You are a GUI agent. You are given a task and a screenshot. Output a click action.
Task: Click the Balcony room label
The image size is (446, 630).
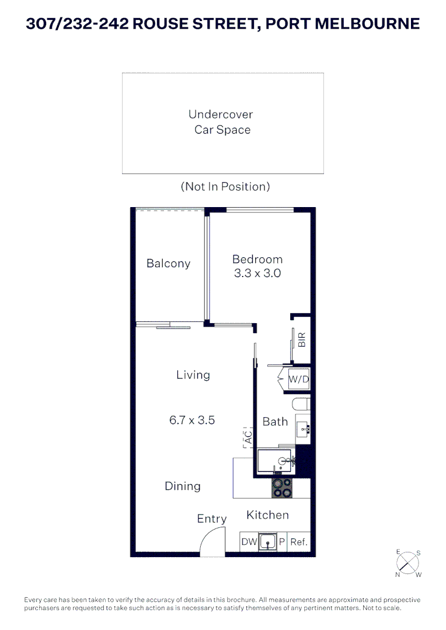[168, 264]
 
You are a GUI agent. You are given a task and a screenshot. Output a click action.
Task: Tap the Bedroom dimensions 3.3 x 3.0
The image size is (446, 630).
[257, 273]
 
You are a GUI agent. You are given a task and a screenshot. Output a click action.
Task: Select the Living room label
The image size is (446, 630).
[193, 375]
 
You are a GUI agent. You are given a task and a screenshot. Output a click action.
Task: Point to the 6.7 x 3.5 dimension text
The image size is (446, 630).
[192, 420]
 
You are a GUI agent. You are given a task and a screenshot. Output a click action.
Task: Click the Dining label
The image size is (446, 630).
[183, 487]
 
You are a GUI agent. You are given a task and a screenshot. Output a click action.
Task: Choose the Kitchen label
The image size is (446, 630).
[267, 515]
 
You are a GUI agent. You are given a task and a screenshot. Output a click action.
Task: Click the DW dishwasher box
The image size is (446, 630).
[249, 541]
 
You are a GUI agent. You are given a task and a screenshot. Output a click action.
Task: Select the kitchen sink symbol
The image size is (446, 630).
[267, 542]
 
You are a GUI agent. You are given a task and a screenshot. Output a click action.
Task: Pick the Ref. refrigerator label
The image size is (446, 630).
[299, 542]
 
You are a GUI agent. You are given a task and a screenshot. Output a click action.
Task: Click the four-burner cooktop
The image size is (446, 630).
[282, 488]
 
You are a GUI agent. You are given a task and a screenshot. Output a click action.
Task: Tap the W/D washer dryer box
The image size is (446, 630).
[299, 379]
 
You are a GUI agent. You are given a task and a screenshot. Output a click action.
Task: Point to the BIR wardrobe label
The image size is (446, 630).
[302, 339]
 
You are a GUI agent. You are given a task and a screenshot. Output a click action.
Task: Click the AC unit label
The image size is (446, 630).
[248, 437]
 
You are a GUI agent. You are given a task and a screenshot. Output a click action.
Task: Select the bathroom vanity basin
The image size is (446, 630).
[303, 430]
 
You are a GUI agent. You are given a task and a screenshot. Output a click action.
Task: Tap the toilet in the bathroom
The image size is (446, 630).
[301, 404]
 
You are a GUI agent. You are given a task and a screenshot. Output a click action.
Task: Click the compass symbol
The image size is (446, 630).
[408, 563]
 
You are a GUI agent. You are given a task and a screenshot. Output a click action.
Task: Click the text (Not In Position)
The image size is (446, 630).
[225, 187]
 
